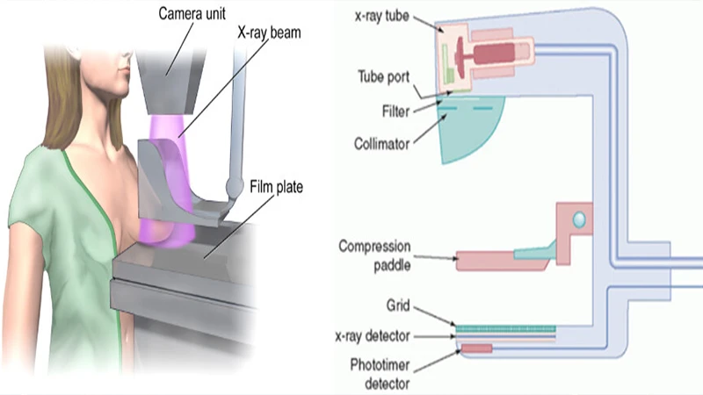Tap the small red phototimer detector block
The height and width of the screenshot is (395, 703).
tap(476, 349)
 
